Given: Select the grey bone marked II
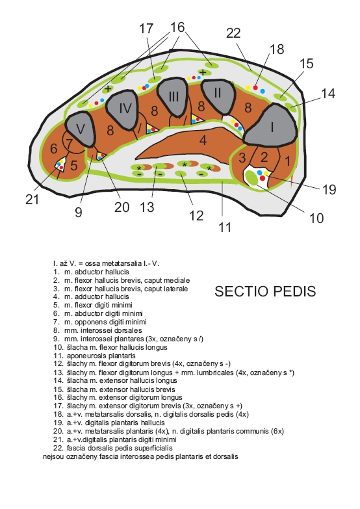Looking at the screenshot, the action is (x=218, y=96).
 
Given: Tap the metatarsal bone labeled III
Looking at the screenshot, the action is (x=173, y=96).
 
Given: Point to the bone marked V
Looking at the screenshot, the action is (x=81, y=129).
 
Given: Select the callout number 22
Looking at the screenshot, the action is (x=233, y=33).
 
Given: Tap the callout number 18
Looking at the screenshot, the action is (x=277, y=49).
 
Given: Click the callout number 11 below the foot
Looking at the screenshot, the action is (x=225, y=228).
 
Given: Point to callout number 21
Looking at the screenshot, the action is (x=32, y=200).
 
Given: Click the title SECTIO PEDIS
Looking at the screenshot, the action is (x=265, y=291).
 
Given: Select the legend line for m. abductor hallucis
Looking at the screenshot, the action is (x=91, y=272).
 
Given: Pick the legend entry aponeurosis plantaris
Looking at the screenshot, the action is (x=94, y=356).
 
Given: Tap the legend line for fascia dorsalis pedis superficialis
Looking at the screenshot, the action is (x=113, y=448).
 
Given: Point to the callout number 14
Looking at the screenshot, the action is (x=328, y=94).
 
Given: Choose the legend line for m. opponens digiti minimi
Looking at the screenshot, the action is (x=100, y=322).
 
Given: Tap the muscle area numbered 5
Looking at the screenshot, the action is (x=74, y=166).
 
